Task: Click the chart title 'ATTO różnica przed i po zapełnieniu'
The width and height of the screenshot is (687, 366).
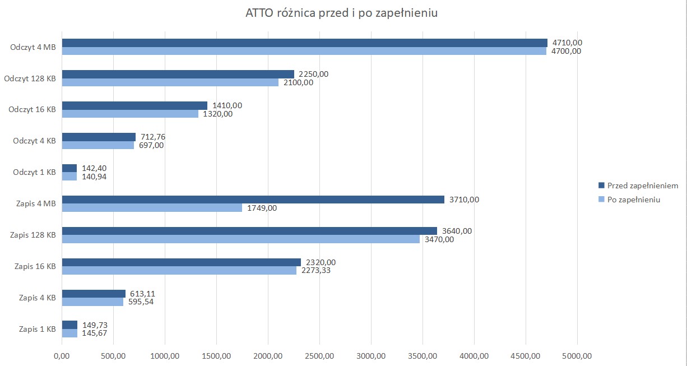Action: [341, 13]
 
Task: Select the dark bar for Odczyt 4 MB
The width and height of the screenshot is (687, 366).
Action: [304, 43]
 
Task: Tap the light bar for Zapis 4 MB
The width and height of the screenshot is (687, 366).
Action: [152, 208]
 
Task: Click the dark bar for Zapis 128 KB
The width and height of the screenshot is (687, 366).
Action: [249, 231]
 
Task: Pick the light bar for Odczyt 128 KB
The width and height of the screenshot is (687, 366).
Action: [170, 82]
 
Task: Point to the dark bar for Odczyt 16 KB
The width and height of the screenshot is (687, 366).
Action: [134, 105]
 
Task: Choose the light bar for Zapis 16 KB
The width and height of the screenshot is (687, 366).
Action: [179, 271]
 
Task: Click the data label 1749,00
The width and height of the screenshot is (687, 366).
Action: [262, 208]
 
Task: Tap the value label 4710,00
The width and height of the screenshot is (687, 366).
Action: [567, 43]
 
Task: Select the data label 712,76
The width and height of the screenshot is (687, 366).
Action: [153, 137]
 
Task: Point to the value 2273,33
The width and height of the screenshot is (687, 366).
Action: [316, 271]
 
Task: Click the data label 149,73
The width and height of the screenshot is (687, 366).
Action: [94, 325]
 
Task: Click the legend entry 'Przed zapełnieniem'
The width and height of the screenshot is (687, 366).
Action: [642, 186]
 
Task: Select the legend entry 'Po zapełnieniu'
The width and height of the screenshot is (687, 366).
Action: [633, 200]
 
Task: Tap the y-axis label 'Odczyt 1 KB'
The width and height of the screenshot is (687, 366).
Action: [34, 172]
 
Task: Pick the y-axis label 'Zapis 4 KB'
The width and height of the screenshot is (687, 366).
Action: [37, 298]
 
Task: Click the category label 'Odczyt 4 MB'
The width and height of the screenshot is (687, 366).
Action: [33, 47]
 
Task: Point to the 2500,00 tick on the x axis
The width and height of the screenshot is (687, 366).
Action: [319, 355]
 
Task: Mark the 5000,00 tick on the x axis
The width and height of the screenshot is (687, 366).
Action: [577, 355]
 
